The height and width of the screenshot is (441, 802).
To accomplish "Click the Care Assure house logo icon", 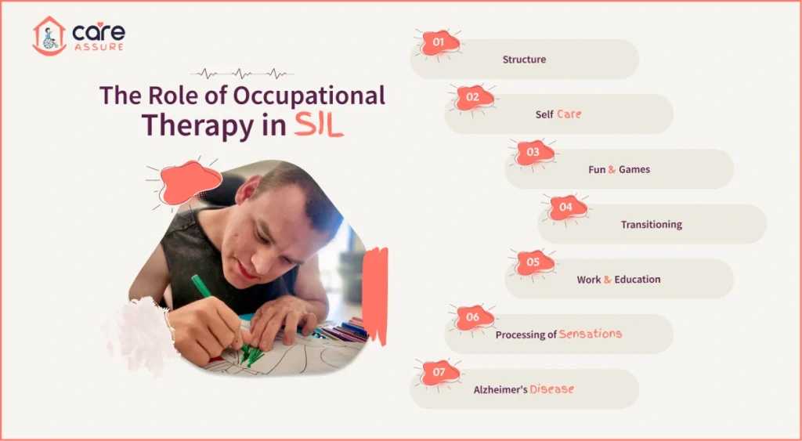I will point(49,36).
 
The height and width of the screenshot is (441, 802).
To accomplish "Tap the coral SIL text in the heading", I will point(319,125).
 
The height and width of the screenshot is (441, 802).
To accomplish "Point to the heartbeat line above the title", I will point(243,74).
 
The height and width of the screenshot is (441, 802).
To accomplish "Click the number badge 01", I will point(439,42).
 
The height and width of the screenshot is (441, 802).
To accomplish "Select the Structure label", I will point(524,60).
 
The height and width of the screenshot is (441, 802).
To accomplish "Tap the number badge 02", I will point(472,97).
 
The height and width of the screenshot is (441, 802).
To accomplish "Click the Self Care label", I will point(558,114).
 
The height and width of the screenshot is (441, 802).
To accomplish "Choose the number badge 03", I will point(533,152).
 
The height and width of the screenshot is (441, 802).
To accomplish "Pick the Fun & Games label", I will point(619,169).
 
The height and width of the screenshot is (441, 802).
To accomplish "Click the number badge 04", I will point(565,208).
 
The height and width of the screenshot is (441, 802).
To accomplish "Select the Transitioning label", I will point(651,225).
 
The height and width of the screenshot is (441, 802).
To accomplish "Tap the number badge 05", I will point(533,262).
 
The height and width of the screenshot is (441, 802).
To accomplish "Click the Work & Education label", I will point(618,280).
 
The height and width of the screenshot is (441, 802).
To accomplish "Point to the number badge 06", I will point(472,317).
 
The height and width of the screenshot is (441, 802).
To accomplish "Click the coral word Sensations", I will point(590,334).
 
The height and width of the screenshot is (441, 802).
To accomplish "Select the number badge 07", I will point(439,372).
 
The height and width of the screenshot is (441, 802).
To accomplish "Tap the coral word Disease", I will point(551,389).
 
